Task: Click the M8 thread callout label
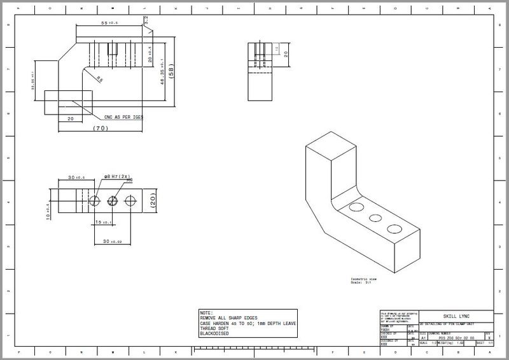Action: [x=129, y=181]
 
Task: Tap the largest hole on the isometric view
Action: [x=394, y=228]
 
